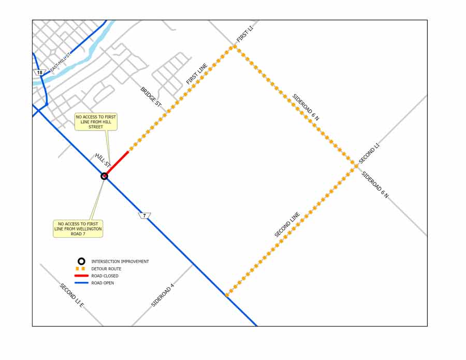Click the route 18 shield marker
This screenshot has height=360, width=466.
pos(39,73)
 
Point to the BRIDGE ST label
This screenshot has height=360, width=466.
pos(151,97)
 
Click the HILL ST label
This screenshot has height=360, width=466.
pos(103,160)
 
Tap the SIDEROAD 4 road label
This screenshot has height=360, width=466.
pos(163,295)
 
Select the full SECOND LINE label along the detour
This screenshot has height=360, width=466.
pos(287,225)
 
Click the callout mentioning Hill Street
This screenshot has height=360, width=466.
pos(96,122)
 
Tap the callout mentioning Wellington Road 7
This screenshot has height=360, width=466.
pos(78,229)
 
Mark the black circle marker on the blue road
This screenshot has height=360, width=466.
pos(104,176)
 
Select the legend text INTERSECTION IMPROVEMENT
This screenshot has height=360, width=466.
pos(120,262)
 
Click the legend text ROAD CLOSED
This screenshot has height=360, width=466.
pos(105,276)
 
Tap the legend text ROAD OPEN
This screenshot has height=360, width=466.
pos(103,283)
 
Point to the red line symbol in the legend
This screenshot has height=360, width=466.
pos(80,276)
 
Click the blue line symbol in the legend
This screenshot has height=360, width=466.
pos(80,283)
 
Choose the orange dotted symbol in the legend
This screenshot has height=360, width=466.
pos(80,269)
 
